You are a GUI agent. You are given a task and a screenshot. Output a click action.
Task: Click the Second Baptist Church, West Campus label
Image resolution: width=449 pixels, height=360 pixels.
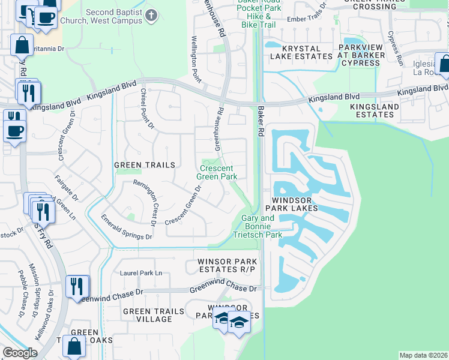[x=114, y=16]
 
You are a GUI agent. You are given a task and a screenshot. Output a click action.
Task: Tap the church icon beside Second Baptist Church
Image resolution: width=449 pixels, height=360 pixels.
[x=152, y=14]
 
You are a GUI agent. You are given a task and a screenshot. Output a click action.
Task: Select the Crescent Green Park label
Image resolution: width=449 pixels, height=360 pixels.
[x=218, y=172]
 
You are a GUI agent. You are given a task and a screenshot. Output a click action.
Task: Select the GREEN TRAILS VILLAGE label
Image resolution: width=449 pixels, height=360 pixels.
[x=147, y=315]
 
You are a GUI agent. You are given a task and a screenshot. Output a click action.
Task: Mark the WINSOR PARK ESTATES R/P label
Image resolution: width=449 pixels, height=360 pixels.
[x=228, y=265]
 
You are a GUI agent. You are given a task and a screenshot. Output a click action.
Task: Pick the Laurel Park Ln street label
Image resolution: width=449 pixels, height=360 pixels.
[x=141, y=273]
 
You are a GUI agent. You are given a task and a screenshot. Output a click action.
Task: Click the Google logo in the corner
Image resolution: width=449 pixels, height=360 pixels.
[x=20, y=353]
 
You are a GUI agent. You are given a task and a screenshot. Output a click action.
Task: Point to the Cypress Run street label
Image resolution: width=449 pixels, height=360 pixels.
[x=396, y=48]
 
